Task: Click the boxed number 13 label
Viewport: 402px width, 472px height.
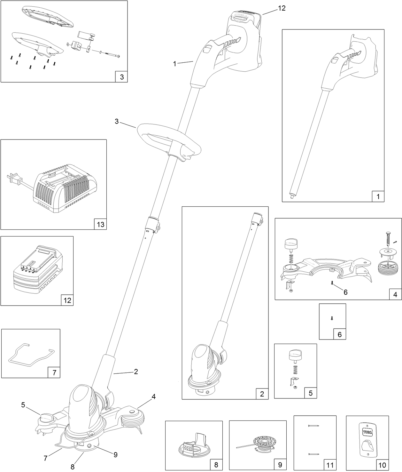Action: click(x=100, y=224)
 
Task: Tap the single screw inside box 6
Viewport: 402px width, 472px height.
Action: click(x=332, y=318)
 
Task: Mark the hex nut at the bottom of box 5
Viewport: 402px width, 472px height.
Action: click(x=294, y=388)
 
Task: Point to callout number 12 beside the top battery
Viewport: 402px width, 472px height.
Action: click(x=281, y=8)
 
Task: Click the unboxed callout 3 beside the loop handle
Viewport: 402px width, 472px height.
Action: click(x=117, y=122)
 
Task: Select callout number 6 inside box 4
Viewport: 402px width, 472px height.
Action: click(x=345, y=292)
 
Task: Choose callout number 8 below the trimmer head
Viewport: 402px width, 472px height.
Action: click(x=73, y=467)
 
